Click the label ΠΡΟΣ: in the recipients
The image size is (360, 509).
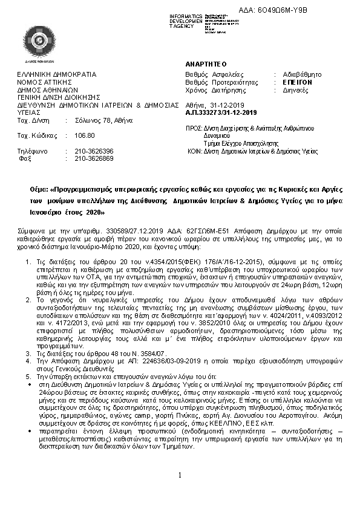point(194,128)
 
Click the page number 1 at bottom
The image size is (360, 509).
point(180,475)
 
